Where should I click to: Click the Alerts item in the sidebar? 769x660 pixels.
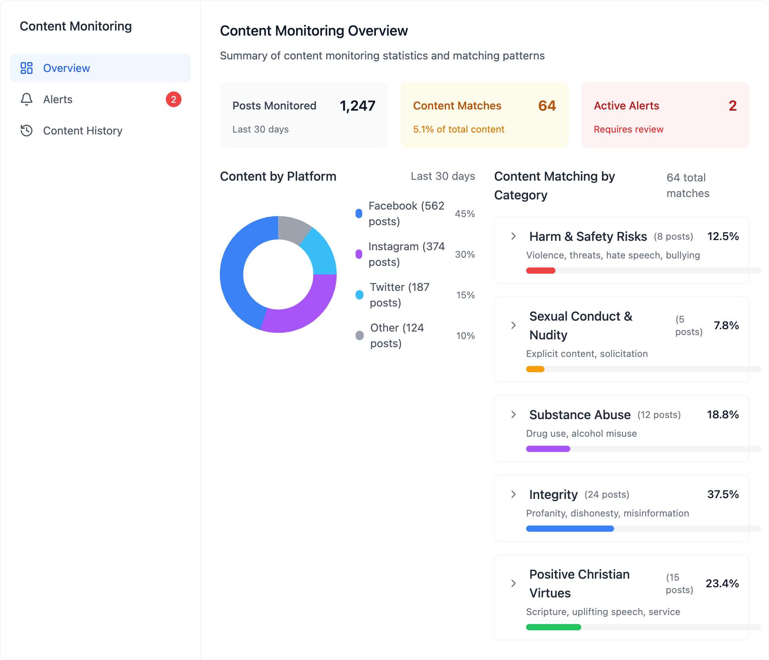pos(58,99)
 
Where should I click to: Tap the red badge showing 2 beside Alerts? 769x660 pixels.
pos(173,99)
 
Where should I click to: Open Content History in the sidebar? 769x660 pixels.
pos(82,131)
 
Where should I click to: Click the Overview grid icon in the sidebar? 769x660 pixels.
pos(27,68)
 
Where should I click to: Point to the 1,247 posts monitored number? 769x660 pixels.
pos(357,106)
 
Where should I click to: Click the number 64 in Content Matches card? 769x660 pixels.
pos(546,106)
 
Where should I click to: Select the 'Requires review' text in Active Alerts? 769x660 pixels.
pos(628,129)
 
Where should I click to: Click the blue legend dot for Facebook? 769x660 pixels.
pos(359,213)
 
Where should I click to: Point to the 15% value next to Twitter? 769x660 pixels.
pos(465,295)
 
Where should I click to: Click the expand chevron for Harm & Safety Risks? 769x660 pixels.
pos(513,236)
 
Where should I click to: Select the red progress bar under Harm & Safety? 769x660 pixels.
pos(540,271)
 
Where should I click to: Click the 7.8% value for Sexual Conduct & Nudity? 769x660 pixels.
pos(726,325)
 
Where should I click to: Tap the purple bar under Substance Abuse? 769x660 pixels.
pos(548,449)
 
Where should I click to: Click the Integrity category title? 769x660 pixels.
pos(553,495)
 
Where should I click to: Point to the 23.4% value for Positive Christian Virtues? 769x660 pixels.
pos(722,583)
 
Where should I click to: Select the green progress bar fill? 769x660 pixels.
pos(553,627)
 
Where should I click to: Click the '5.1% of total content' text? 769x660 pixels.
pos(458,129)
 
